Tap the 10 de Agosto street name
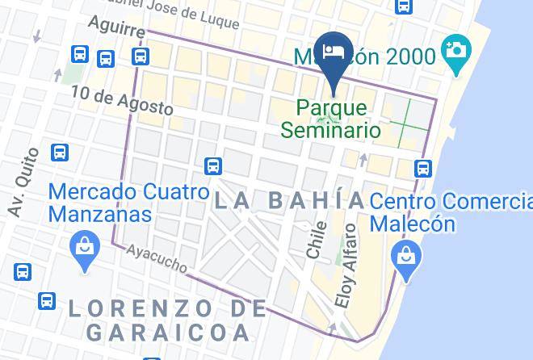122,99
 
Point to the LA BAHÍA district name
289,200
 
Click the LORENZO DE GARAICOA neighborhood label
167,319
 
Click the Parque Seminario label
331,118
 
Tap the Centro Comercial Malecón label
451,211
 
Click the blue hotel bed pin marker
334,53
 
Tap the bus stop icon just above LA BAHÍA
212,165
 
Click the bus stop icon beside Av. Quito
59,152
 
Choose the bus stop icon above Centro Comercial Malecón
423,168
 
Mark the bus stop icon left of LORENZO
47,301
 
